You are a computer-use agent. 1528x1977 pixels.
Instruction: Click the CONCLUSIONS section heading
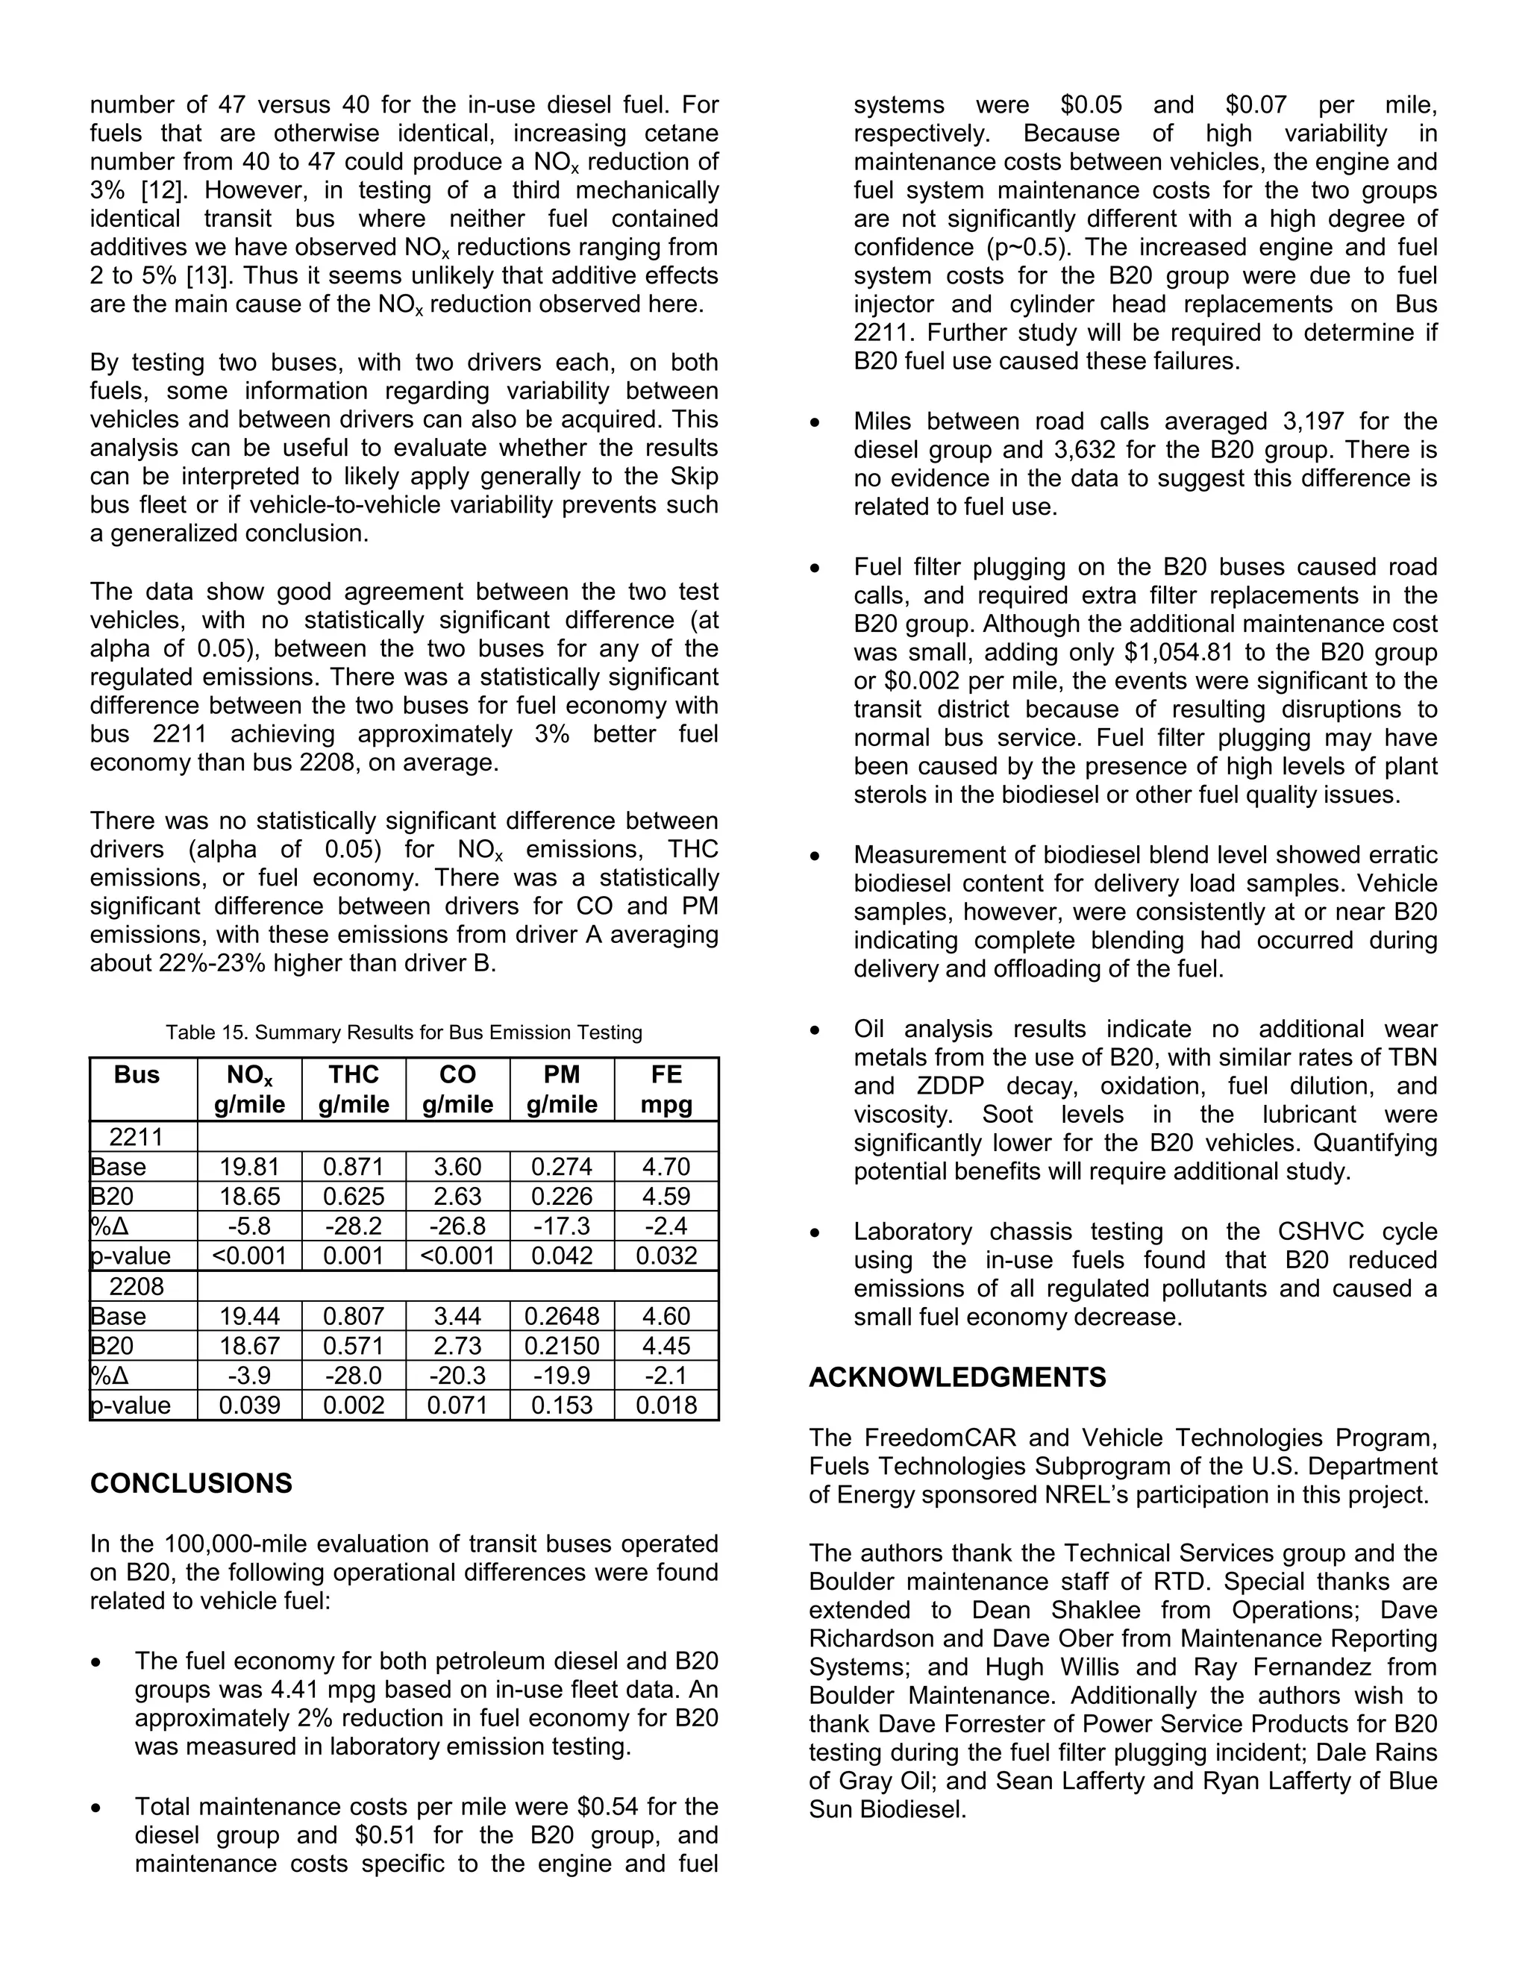coord(191,1483)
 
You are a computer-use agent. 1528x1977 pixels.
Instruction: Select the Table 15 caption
coord(404,1032)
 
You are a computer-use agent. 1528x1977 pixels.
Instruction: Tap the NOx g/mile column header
coord(249,1089)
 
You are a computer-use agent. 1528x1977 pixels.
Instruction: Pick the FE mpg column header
coord(666,1089)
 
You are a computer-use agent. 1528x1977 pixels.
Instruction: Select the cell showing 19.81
coord(249,1167)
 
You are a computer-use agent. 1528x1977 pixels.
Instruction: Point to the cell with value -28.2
coord(353,1226)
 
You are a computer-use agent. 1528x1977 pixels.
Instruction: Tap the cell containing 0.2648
coord(561,1315)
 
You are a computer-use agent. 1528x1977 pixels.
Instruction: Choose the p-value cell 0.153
coord(561,1405)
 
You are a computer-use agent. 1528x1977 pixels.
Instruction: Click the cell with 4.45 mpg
coord(666,1345)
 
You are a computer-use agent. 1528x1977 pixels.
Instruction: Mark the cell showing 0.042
coord(561,1256)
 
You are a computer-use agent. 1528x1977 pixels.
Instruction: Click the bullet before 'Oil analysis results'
coord(816,1030)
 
